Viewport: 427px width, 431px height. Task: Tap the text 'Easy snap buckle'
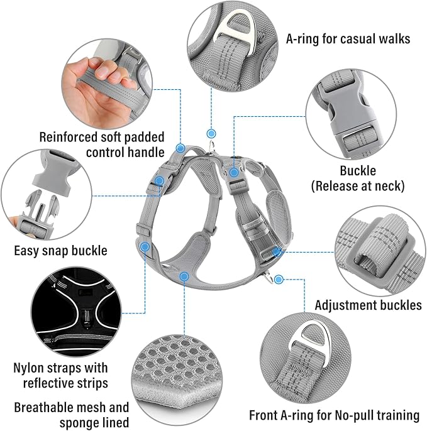(x=60, y=251)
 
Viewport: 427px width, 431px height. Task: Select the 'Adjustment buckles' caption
(x=368, y=305)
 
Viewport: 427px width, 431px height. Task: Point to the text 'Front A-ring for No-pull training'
(x=334, y=415)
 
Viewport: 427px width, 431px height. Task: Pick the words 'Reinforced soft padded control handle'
(x=102, y=144)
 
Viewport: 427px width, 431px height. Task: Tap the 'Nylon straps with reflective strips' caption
(x=60, y=375)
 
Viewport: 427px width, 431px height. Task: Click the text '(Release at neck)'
(x=357, y=185)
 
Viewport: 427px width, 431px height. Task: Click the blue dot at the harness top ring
(x=211, y=133)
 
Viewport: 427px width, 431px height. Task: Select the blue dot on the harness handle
(x=180, y=149)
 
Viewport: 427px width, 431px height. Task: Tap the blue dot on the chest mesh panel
(x=184, y=276)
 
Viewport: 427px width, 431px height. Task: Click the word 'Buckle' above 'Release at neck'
(x=357, y=170)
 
